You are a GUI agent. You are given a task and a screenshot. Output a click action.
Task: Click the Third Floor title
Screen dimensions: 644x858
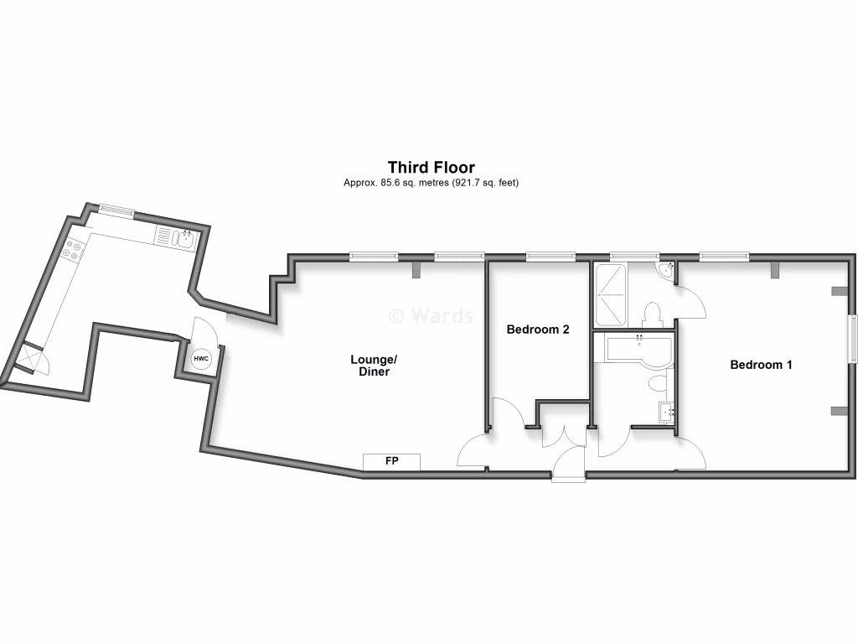tap(431, 168)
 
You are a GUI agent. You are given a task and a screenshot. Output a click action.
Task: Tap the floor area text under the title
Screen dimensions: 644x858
tap(431, 183)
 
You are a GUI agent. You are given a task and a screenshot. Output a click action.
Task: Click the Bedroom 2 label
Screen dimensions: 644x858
tap(538, 330)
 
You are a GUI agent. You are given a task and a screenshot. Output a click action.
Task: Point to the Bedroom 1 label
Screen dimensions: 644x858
tap(761, 365)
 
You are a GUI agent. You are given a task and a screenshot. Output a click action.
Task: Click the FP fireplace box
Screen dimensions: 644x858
tap(391, 461)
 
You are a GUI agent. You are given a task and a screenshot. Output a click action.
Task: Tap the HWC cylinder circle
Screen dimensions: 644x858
tap(201, 360)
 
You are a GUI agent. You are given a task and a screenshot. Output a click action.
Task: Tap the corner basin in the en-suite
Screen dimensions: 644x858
tap(666, 270)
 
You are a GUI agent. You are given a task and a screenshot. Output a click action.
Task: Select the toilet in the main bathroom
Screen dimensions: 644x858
tap(658, 384)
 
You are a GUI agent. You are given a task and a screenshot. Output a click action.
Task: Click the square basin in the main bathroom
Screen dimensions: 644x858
tap(667, 413)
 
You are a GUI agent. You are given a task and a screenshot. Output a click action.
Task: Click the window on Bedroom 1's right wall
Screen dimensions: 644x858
tap(852, 339)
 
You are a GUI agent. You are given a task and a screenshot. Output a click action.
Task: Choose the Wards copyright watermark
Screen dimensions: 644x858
tap(431, 315)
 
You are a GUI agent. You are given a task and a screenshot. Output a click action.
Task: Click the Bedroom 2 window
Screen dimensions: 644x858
tap(550, 256)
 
